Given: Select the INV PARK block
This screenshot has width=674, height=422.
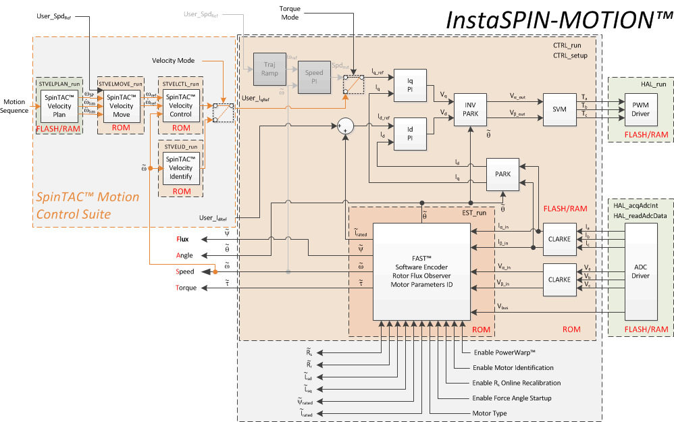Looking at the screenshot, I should tap(471, 109).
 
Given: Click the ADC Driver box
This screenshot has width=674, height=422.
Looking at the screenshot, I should tap(640, 271).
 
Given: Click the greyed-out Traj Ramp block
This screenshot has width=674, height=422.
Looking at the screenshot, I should tap(271, 70).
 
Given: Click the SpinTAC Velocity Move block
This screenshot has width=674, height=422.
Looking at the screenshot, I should tap(121, 106).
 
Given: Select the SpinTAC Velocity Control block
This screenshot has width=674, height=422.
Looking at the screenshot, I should tap(181, 106).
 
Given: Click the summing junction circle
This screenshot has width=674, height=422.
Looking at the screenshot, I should tap(345, 125).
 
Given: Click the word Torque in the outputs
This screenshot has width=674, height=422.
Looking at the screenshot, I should tap(186, 288).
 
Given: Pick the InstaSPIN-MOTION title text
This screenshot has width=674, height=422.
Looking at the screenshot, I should tap(557, 20).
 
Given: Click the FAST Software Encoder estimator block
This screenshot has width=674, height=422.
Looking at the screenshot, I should tap(421, 271).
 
